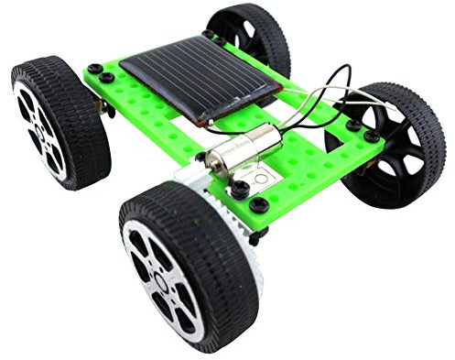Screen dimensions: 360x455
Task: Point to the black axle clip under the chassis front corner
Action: pyautogui.click(x=256, y=233)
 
